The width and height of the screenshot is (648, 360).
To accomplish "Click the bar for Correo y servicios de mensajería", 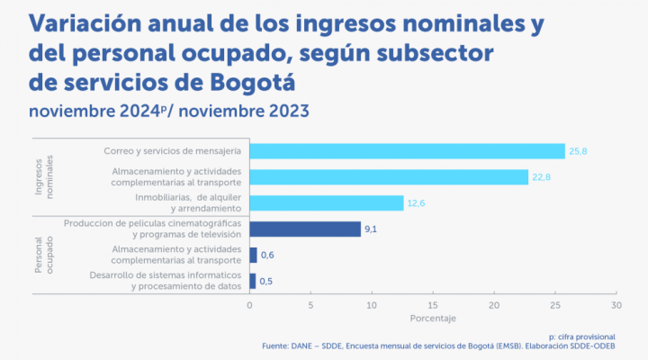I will pyautogui.click(x=407, y=151).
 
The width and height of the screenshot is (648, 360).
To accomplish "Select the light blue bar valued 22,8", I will pyautogui.click(x=389, y=176).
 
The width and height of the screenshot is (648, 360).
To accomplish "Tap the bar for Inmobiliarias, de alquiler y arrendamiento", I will pyautogui.click(x=327, y=202).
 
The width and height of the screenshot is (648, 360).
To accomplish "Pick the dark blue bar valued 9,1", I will pyautogui.click(x=305, y=229).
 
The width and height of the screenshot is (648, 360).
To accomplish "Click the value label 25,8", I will pyautogui.click(x=578, y=151).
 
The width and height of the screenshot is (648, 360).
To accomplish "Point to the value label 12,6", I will pyautogui.click(x=417, y=203).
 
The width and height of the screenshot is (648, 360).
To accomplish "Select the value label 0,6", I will pyautogui.click(x=266, y=256).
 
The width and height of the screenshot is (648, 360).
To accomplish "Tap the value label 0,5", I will pyautogui.click(x=266, y=281).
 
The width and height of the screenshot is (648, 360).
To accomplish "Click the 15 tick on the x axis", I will pyautogui.click(x=433, y=305).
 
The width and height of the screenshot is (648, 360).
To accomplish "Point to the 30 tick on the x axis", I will pyautogui.click(x=616, y=305).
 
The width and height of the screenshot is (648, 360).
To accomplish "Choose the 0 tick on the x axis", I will pyautogui.click(x=249, y=305).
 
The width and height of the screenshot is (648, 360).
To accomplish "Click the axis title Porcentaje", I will pyautogui.click(x=433, y=319).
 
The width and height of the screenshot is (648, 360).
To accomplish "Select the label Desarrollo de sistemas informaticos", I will pyautogui.click(x=166, y=274).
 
